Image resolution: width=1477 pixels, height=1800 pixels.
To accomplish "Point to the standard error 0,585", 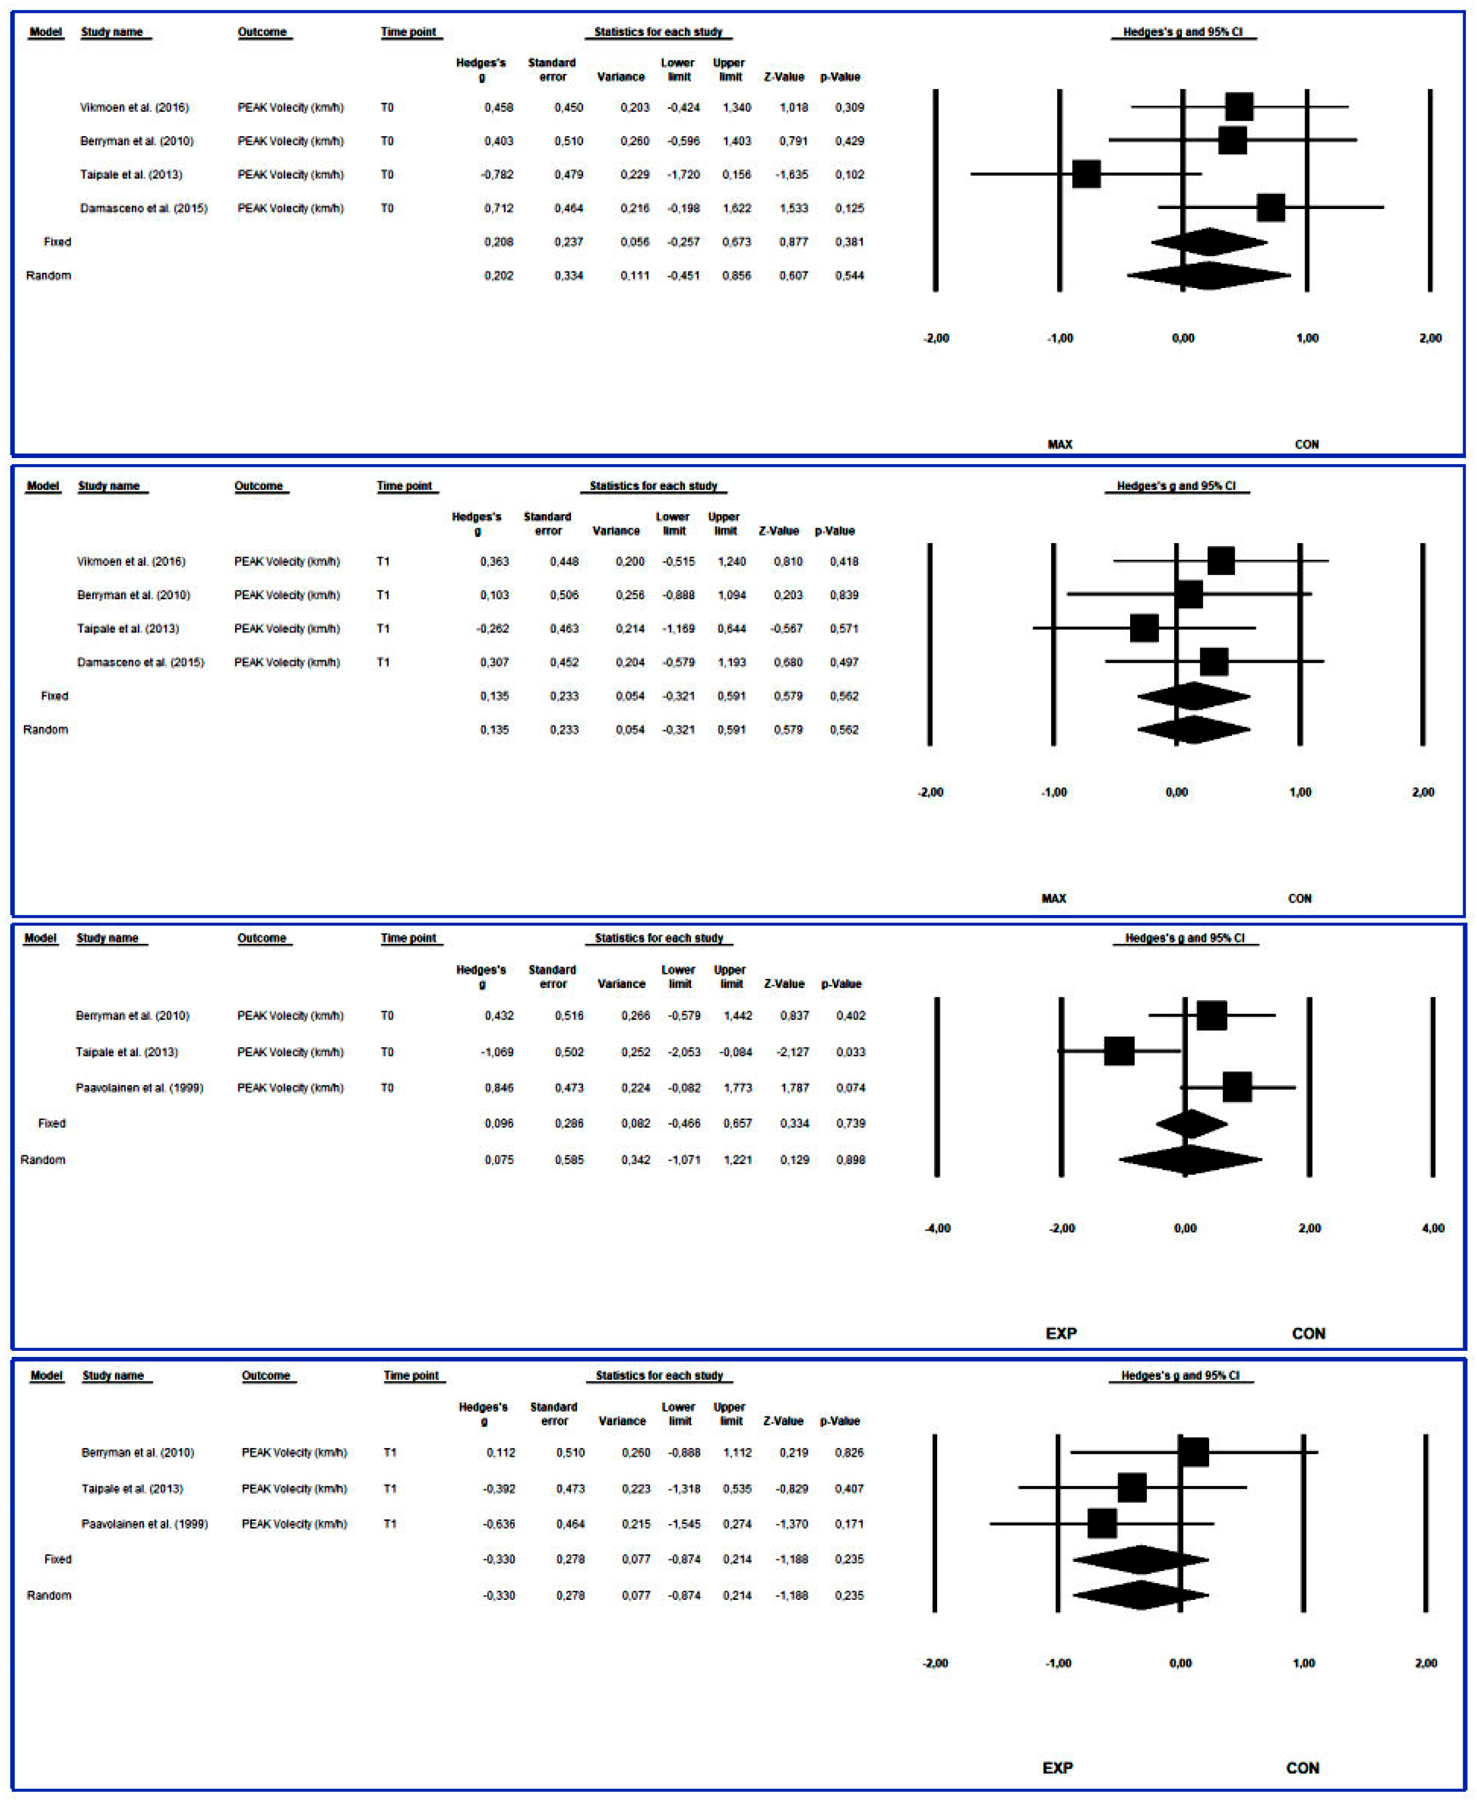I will pos(569,1160).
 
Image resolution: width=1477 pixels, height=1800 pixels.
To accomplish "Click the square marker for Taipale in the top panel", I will pos(1086,173).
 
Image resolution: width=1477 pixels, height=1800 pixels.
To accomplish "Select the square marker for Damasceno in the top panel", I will pos(1270,207).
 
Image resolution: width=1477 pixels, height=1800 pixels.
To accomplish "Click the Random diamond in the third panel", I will pos(1190,1160).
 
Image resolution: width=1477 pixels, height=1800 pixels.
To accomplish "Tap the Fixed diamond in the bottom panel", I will pos(1140,1559).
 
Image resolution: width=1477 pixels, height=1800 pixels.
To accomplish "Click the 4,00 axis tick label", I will pos(1433,1229).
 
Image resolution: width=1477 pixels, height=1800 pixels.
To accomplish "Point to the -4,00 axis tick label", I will pos(938,1229).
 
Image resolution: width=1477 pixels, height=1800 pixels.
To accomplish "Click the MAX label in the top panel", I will pos(1060,444).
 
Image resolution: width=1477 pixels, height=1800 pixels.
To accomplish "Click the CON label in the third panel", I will pos(1309,1333).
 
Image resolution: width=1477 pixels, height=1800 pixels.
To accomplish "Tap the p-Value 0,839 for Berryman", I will pos(843,595).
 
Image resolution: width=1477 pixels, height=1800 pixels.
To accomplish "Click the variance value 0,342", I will pos(635,1160).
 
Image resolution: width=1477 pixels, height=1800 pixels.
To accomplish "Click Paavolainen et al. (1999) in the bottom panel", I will pos(145,1524).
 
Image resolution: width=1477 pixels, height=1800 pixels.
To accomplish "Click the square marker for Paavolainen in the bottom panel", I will pos(1102,1523).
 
